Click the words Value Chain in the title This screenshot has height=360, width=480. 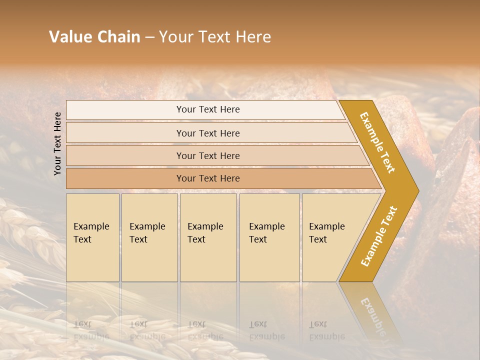tap(94, 37)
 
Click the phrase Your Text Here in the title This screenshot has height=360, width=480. tap(215, 37)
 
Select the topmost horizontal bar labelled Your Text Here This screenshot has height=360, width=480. tap(208, 109)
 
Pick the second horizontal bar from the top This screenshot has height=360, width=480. tap(208, 133)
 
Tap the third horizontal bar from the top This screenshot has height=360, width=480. tap(208, 155)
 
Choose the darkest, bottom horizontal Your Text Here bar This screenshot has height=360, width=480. tap(208, 178)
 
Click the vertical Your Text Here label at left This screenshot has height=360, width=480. tap(57, 143)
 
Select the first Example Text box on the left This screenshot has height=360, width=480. tap(92, 237)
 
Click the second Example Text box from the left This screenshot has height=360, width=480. tap(149, 237)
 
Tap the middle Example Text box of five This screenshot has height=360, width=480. tap(208, 237)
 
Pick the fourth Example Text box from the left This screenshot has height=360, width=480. tap(269, 237)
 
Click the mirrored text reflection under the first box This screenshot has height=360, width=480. tap(91, 330)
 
